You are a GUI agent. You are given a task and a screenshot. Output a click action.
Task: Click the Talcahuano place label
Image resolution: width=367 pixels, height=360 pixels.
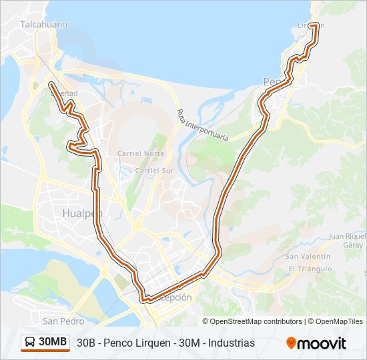tap(43, 24)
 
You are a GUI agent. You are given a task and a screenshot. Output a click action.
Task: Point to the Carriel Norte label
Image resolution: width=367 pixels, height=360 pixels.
tap(140, 153)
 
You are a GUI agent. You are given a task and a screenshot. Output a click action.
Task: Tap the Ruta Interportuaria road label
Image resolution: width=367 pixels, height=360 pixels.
tap(202, 125)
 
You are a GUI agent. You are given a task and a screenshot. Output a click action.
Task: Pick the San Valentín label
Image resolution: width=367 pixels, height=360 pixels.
tap(308, 256)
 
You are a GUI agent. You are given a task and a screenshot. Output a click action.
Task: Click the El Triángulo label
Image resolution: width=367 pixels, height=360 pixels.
tap(310, 269)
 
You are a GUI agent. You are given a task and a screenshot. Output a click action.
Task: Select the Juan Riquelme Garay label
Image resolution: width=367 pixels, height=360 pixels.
tap(347, 240)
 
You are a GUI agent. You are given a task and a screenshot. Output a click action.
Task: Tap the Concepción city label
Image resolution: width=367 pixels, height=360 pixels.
tap(172, 297)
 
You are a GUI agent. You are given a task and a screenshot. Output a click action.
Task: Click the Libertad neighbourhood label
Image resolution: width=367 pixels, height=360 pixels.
tap(64, 93)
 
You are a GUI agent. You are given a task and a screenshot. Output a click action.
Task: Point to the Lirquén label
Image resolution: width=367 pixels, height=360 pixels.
tap(310, 26)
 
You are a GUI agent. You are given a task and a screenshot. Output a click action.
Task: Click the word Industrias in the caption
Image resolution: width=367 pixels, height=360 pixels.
tap(232, 343)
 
